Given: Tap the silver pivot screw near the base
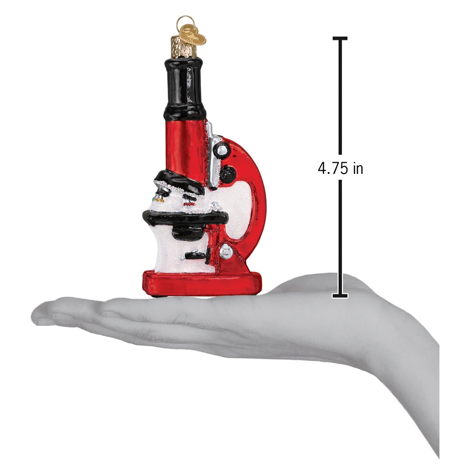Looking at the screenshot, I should point(226,251).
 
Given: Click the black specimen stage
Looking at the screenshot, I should point(184,215).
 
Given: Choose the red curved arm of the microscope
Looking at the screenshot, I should point(257,196).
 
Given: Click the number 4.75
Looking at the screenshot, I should point(333,168).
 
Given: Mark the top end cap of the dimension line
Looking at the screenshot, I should point(340,38).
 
